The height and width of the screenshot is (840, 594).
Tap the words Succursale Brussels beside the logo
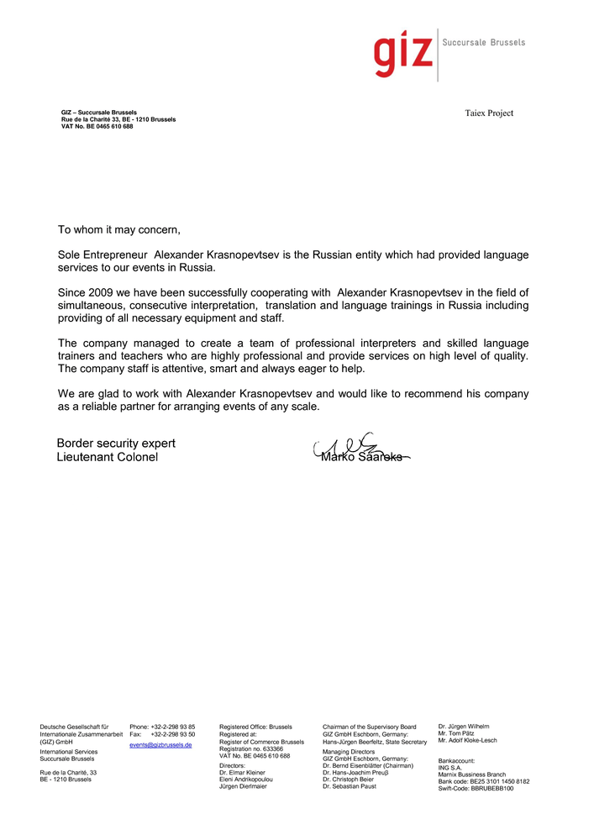[483, 42]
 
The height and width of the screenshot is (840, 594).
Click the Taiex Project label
[489, 113]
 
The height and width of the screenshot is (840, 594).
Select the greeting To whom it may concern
[119, 229]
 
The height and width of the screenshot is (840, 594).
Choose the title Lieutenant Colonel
[107, 458]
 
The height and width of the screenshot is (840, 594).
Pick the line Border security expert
[116, 444]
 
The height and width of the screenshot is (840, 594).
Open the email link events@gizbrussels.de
[160, 745]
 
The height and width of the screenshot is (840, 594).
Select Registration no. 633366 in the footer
[251, 748]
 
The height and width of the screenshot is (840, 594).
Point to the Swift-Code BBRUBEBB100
[476, 788]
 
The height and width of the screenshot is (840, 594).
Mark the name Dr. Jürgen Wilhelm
[464, 726]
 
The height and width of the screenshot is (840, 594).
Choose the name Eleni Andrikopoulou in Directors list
[246, 780]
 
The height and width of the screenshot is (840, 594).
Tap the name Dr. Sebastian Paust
[349, 786]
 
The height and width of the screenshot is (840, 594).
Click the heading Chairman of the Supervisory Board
[370, 727]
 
